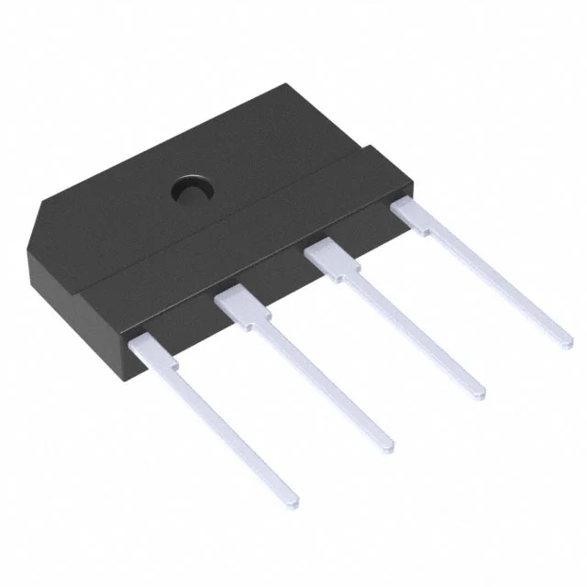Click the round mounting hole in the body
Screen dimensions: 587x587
192,189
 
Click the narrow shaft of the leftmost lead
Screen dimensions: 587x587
225,426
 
